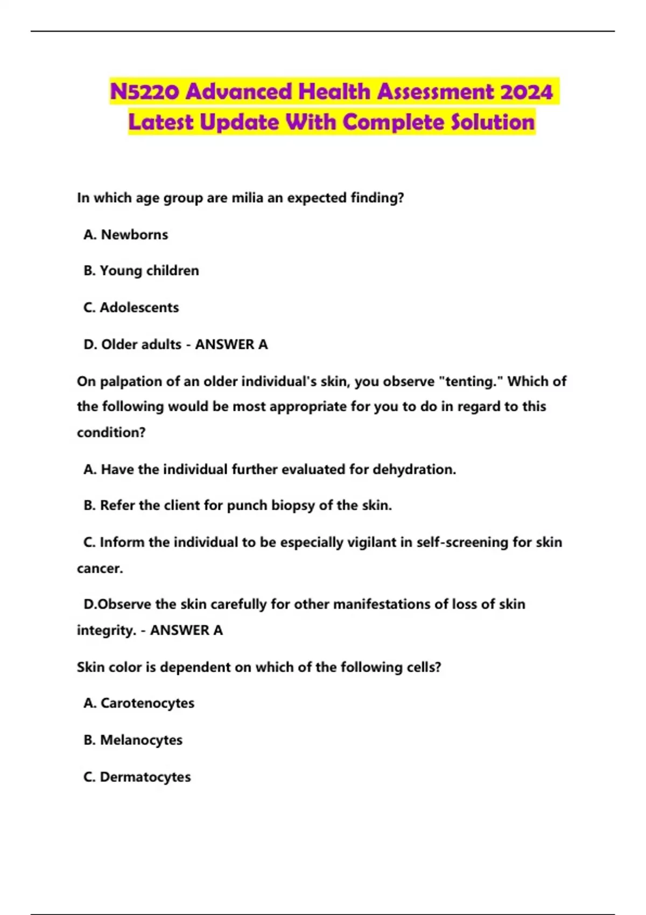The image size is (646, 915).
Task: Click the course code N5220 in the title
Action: point(145,92)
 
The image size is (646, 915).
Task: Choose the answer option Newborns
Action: point(134,235)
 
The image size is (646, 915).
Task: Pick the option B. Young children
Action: point(141,271)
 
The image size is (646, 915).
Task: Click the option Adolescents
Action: point(139,307)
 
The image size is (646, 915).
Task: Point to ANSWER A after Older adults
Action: point(231,344)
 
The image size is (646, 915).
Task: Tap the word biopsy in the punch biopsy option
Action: point(293,505)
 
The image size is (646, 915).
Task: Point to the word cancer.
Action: point(100,568)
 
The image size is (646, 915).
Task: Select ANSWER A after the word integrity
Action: point(186,630)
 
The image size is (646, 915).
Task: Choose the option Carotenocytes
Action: point(147,703)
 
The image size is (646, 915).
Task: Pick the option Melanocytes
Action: point(141,740)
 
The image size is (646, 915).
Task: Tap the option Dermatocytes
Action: point(145,777)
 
